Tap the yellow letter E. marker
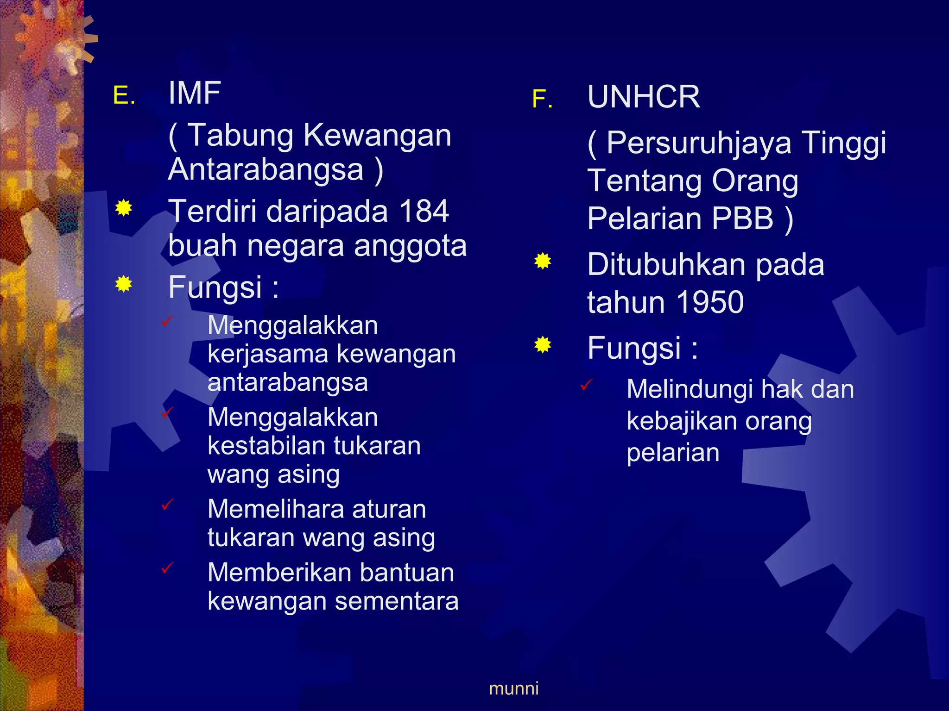tap(124, 96)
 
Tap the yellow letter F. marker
tap(542, 99)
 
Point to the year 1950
tap(710, 303)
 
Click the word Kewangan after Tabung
tap(377, 136)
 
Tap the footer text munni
tap(513, 689)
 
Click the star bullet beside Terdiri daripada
tap(124, 208)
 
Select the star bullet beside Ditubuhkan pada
tap(543, 262)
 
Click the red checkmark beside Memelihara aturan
tap(167, 505)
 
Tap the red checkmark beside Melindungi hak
tap(586, 385)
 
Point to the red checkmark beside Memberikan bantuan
tap(167, 568)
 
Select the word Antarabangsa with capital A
tap(266, 169)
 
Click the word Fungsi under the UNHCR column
tap(634, 348)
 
